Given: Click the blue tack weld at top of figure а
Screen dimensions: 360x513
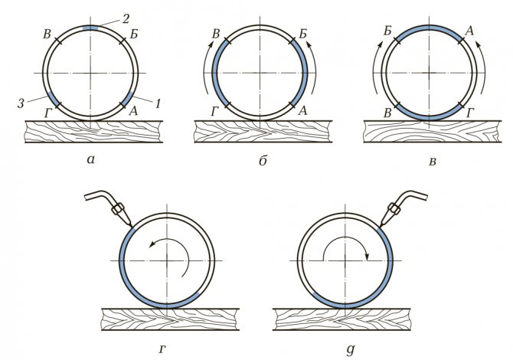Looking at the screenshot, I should tap(90, 28).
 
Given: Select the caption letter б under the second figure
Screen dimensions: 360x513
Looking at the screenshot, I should tap(260, 161).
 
